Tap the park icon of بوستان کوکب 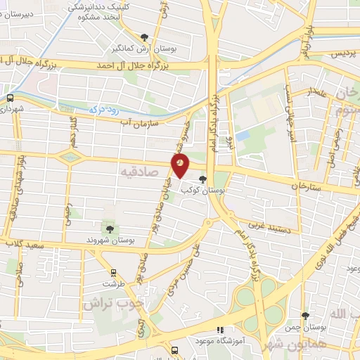point(203,179)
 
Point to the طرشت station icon point(112,272)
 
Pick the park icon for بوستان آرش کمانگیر point(145,37)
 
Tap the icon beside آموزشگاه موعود point(219,329)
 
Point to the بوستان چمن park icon point(304,316)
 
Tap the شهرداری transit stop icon point(10,98)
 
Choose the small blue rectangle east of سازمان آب point(243,134)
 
